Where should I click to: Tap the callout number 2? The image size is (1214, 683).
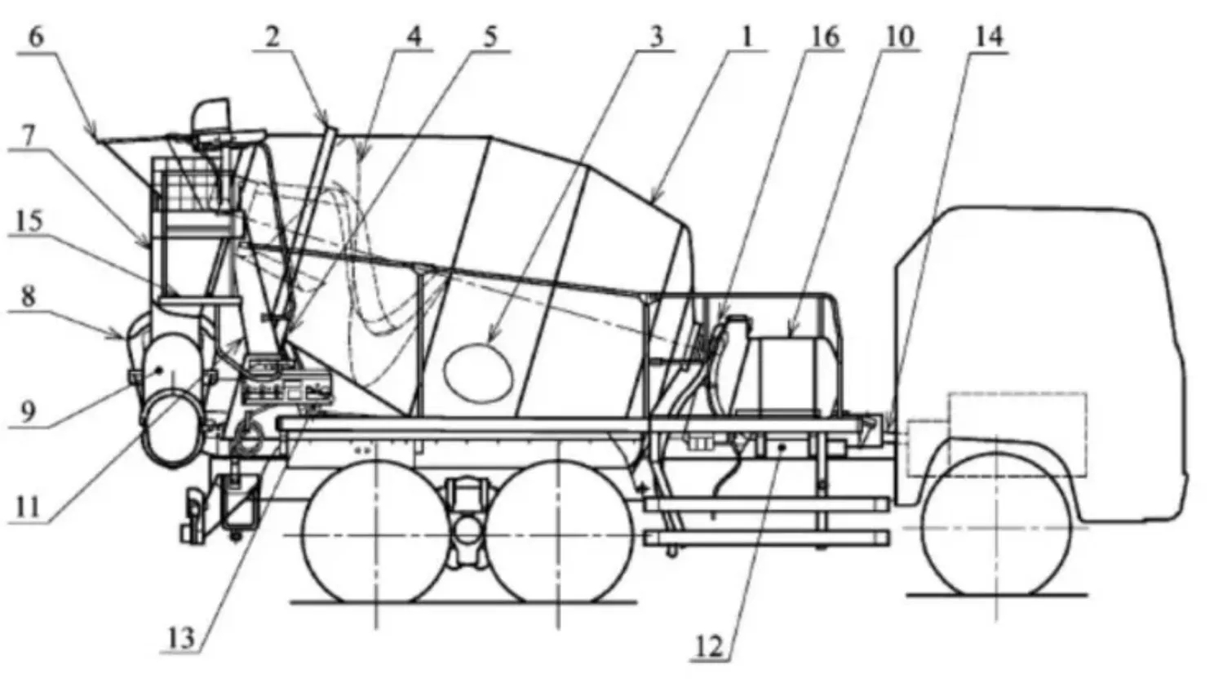pyautogui.click(x=272, y=38)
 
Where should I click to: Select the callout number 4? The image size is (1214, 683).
pyautogui.click(x=414, y=37)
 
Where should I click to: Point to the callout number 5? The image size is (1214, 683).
pyautogui.click(x=490, y=37)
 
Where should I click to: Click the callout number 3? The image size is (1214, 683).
pyautogui.click(x=656, y=38)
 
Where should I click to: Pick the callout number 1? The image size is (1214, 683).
pyautogui.click(x=747, y=38)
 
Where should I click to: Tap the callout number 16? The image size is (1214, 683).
pyautogui.click(x=825, y=38)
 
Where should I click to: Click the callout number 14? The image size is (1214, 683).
pyautogui.click(x=990, y=38)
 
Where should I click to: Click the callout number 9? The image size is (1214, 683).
pyautogui.click(x=29, y=412)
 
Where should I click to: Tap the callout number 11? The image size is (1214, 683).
pyautogui.click(x=27, y=508)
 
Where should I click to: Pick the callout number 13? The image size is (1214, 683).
pyautogui.click(x=181, y=639)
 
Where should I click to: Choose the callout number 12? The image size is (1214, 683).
pyautogui.click(x=709, y=646)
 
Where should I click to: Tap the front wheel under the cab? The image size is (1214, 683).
pyautogui.click(x=997, y=524)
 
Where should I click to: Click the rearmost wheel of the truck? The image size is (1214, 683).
pyautogui.click(x=375, y=532)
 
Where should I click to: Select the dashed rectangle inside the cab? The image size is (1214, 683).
pyautogui.click(x=998, y=434)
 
